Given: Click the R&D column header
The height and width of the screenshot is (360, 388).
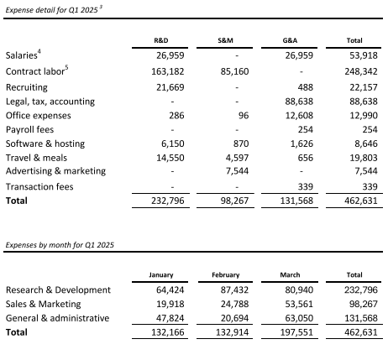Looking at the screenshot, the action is (x=161, y=40).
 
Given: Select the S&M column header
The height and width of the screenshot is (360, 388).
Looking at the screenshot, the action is (x=225, y=40).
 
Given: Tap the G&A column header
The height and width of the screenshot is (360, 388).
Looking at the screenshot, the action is (x=290, y=40).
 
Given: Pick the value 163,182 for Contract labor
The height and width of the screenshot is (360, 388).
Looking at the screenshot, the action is (x=168, y=71).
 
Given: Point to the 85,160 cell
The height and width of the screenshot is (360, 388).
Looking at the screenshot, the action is (x=234, y=71).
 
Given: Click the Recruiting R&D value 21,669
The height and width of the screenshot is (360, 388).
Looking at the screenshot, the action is (x=170, y=87).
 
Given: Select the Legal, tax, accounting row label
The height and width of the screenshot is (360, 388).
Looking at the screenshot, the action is (x=50, y=102).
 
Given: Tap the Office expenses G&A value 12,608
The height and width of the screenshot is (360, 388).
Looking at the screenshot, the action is (x=299, y=116).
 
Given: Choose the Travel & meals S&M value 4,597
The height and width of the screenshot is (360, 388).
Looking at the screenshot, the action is (x=237, y=158).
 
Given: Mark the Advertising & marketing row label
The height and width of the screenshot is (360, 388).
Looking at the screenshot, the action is (x=55, y=170).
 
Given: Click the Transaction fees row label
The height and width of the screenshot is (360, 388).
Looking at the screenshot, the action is (x=39, y=186).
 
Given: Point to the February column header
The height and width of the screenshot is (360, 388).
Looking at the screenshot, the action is (x=226, y=275).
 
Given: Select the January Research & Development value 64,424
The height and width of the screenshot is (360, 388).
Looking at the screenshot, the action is (x=170, y=290).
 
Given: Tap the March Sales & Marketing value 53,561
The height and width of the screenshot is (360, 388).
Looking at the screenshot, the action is (x=299, y=304).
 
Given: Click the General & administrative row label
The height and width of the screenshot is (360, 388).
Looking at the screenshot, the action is (x=57, y=318).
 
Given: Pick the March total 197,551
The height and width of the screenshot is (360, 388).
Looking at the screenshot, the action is (x=296, y=332).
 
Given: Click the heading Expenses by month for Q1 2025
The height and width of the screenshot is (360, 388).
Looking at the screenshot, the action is (x=60, y=245).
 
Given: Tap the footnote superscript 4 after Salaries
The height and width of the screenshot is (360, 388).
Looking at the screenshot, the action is (x=39, y=51).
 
